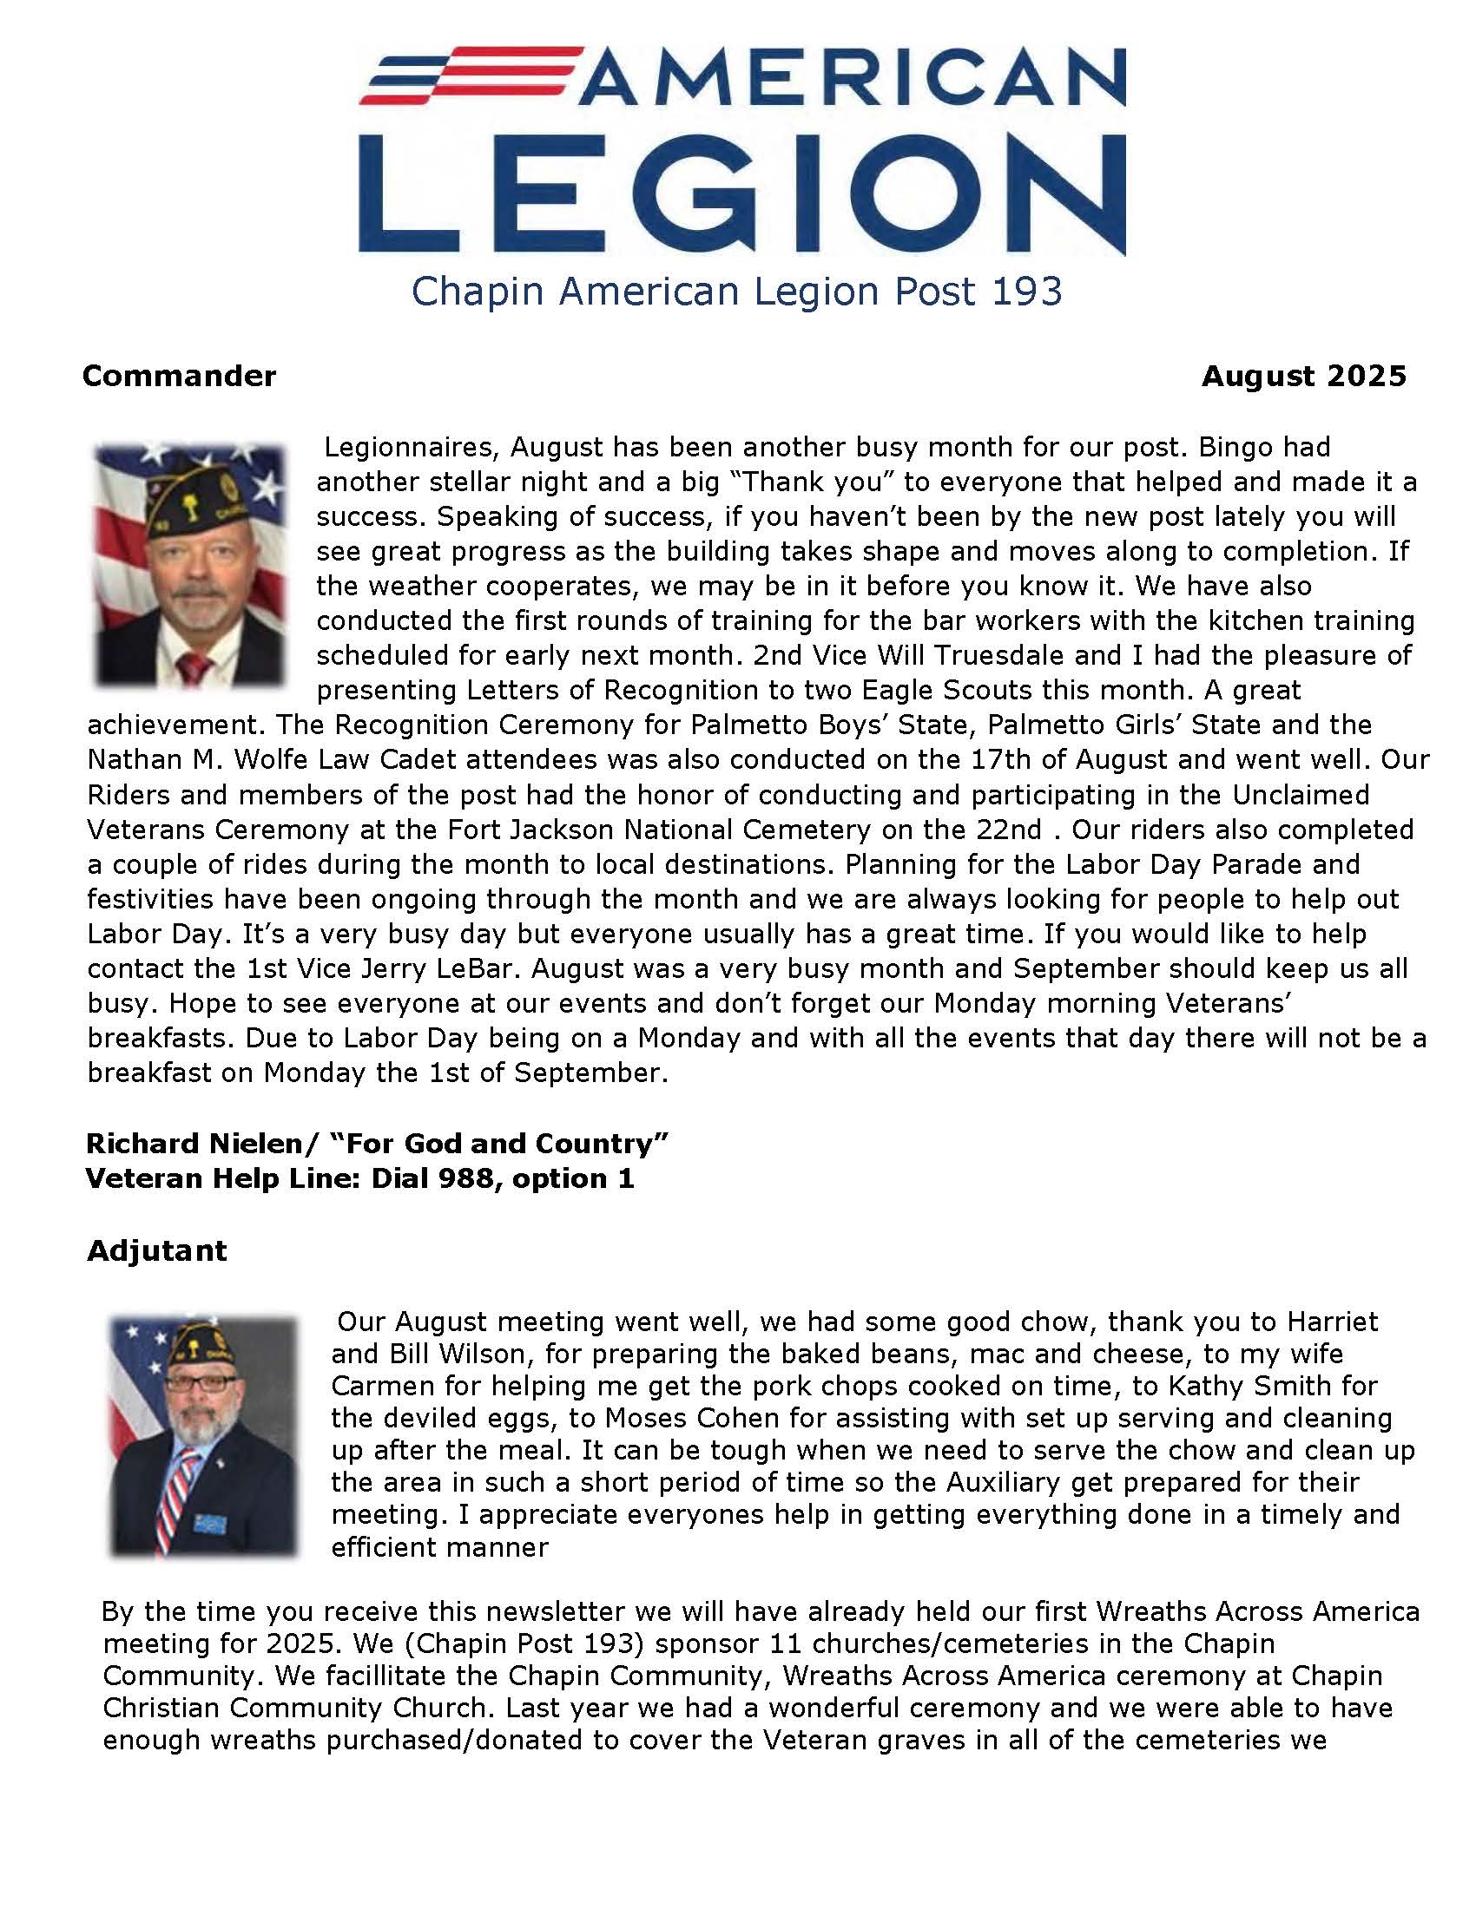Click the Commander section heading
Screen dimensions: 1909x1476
pyautogui.click(x=179, y=376)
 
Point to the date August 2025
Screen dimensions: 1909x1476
pyautogui.click(x=1304, y=376)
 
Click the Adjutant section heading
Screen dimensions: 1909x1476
pyautogui.click(x=156, y=1250)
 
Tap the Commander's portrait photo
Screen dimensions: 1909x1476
pyautogui.click(x=190, y=566)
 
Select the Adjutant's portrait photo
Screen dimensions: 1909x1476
pyautogui.click(x=204, y=1437)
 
